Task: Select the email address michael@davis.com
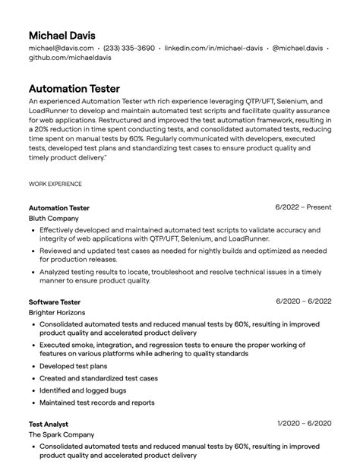tap(61, 48)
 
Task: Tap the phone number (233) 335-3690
tap(128, 48)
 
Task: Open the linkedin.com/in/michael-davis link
tap(213, 48)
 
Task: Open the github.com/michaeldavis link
tap(69, 58)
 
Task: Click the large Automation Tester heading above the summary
tap(74, 89)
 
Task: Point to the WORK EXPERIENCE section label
tap(55, 184)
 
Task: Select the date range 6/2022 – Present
tap(303, 207)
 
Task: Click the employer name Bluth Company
tap(53, 219)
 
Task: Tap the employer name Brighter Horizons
tap(57, 312)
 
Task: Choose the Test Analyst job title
tap(49, 424)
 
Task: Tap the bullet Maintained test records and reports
tap(96, 402)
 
